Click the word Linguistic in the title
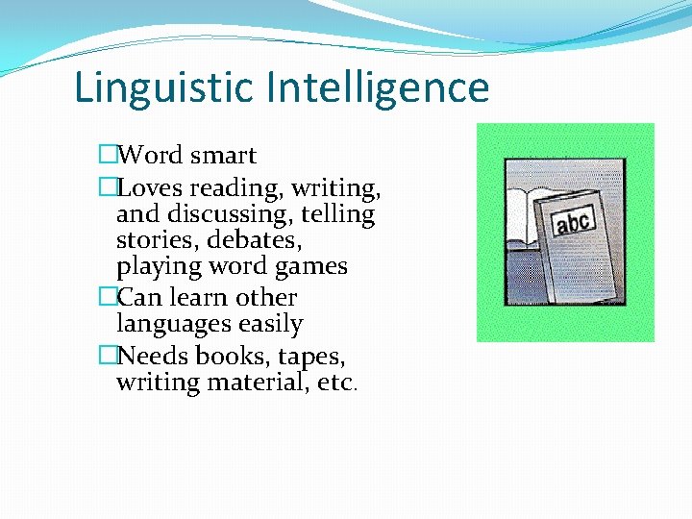(x=165, y=87)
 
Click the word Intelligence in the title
(x=379, y=87)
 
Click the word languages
(x=174, y=326)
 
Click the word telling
(x=341, y=213)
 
